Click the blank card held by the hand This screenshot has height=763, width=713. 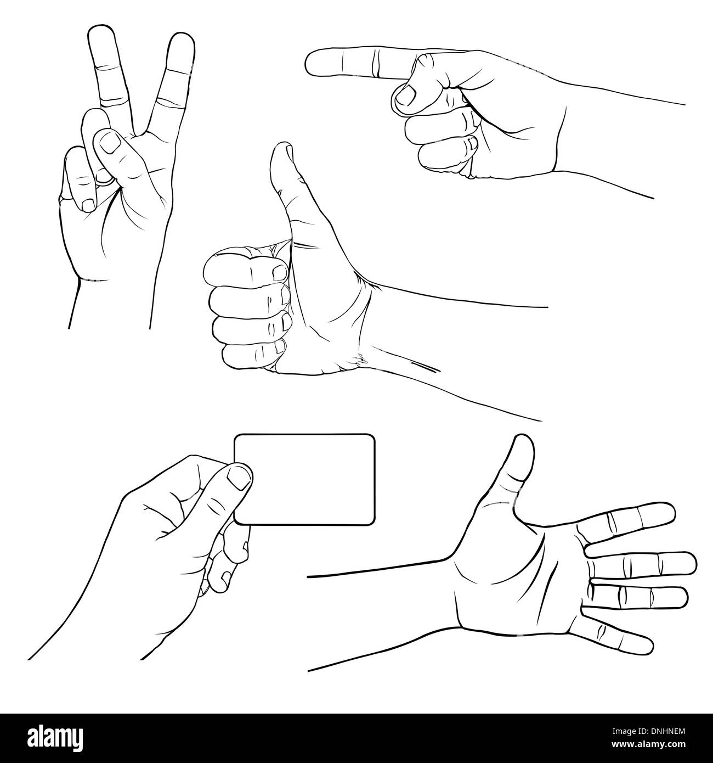coord(304,479)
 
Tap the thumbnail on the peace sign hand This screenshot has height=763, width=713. coord(109,142)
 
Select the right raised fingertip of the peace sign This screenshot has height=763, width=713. coord(182,35)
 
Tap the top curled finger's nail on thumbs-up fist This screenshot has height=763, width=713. coord(280,273)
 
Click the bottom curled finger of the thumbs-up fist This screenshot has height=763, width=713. coord(254,352)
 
